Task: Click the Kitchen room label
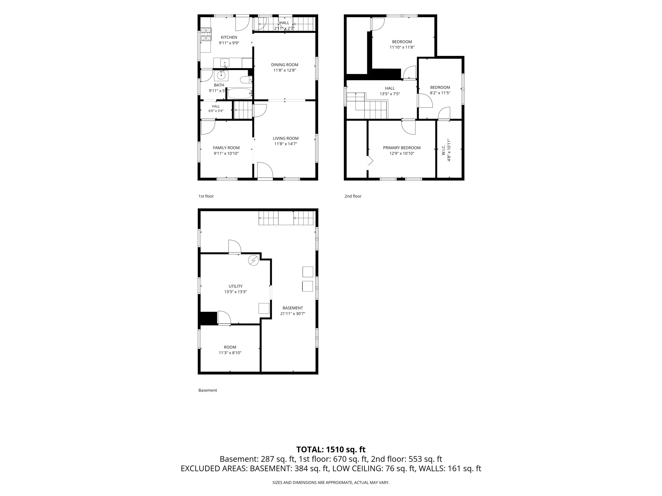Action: point(229,37)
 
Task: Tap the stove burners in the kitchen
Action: point(206,34)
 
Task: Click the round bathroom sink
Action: point(221,75)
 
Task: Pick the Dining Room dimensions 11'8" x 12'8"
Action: point(285,70)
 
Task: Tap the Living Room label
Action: point(286,138)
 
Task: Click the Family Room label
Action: point(226,148)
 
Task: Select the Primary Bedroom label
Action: point(402,148)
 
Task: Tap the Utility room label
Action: point(235,286)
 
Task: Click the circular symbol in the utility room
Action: point(253,260)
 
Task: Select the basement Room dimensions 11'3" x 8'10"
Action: point(230,353)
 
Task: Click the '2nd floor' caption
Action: point(353,196)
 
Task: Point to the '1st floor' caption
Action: point(206,196)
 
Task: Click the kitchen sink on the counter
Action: point(225,63)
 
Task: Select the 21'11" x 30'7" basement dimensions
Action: point(293,314)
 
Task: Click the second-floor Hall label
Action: point(390,88)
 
